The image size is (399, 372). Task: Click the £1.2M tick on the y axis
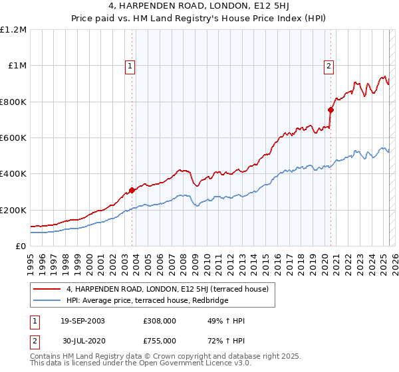coord(13,30)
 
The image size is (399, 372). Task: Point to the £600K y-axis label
coord(13,138)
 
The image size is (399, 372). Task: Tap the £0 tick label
coord(20,246)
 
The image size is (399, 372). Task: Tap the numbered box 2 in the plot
coord(329,66)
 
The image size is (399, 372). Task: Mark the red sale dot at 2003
coord(132,191)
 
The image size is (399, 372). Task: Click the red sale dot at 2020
coord(331,110)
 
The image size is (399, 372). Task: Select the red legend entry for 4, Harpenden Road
coord(167,289)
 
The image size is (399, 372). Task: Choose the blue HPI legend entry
coord(147,300)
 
